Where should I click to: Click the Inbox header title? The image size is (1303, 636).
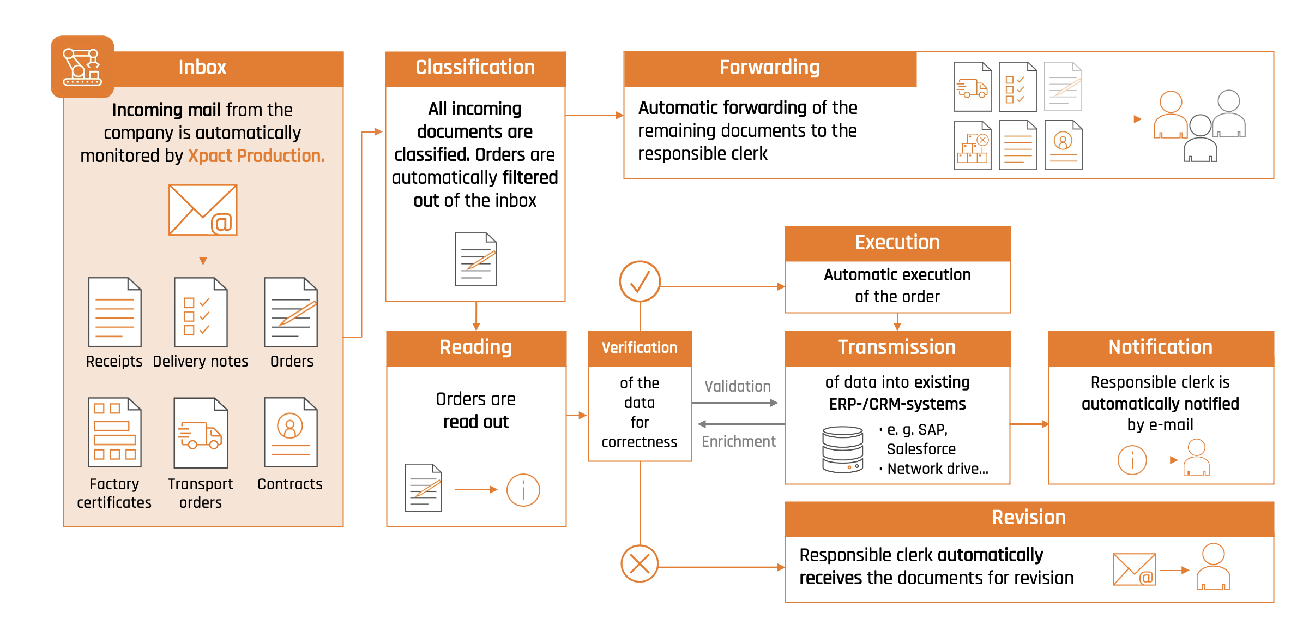point(202,68)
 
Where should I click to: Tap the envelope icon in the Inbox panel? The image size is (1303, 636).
point(203,210)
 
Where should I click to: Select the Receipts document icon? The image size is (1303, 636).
point(114,312)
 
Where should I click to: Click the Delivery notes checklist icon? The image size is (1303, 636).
point(200,312)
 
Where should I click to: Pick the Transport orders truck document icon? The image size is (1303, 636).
point(200,433)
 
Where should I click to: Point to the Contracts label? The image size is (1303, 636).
point(289,484)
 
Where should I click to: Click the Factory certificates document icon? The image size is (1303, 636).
point(114,433)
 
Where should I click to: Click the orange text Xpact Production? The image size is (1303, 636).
point(256,156)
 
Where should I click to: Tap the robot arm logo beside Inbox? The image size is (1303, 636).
point(82,67)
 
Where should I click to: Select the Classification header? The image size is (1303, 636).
point(475,68)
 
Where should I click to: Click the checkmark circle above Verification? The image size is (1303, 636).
point(640,281)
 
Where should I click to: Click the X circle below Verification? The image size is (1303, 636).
point(640,563)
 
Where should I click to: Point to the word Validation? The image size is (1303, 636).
point(737,386)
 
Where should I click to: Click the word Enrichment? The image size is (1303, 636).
point(738,441)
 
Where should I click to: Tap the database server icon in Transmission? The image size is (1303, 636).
point(842,449)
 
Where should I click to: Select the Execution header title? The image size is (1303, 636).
point(897,243)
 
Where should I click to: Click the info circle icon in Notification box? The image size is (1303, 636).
point(1132,460)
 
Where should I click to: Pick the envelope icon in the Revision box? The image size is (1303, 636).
point(1134,569)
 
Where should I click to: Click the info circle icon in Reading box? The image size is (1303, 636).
point(523,490)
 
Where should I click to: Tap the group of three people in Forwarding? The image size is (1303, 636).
point(1199,125)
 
